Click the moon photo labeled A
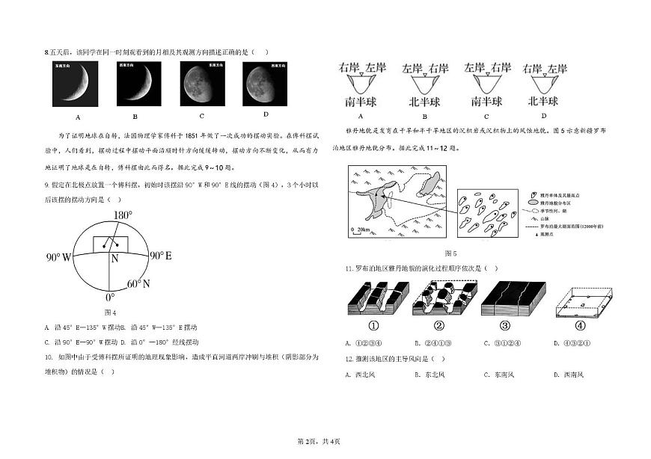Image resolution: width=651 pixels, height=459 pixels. coord(77,82)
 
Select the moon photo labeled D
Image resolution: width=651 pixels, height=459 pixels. coord(266,82)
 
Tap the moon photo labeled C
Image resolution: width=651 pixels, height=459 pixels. coord(203,82)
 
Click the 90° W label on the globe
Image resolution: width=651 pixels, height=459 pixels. coord(58,257)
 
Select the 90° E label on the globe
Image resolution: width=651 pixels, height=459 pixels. coord(161,256)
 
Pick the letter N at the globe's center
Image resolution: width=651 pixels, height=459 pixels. coord(114,259)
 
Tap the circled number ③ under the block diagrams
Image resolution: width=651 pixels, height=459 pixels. coord(505,325)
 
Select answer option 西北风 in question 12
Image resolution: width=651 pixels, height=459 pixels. coord(368,375)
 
